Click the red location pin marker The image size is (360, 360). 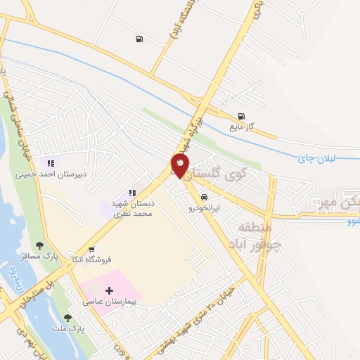pyautogui.click(x=180, y=166)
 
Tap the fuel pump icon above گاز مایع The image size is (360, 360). pyautogui.click(x=242, y=116)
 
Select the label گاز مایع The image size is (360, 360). pyautogui.click(x=240, y=127)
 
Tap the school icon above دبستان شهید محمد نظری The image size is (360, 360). pyautogui.click(x=131, y=193)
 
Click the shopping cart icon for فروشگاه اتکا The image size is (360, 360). pyautogui.click(x=91, y=249)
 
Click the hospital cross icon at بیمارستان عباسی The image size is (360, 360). pyautogui.click(x=109, y=290)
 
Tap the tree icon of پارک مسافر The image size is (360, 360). pyautogui.click(x=39, y=245)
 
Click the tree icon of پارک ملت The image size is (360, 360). pyautogui.click(x=67, y=318)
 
